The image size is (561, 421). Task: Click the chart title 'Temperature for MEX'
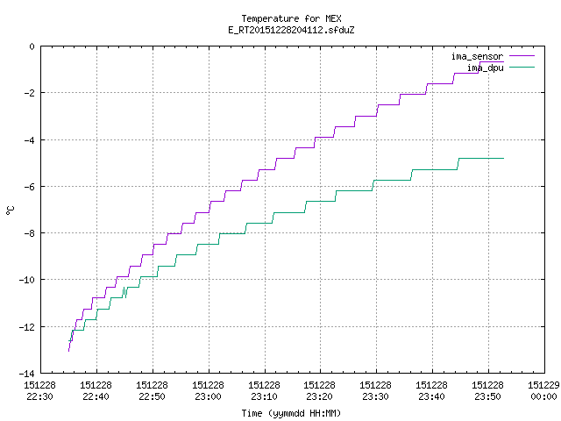291,18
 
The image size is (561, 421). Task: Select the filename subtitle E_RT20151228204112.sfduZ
291,30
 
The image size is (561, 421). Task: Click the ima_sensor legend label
477,56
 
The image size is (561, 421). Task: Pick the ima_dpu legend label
486,68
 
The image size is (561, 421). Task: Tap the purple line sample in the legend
522,56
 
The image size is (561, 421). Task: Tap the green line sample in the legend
522,67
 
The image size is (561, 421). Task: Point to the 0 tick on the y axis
32,46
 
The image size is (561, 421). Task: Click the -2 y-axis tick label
29,93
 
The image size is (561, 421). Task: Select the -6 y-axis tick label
29,187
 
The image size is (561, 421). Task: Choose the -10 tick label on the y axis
27,280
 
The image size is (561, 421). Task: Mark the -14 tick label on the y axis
27,374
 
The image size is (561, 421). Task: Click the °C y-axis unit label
10,210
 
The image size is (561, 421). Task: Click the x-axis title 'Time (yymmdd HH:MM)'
291,413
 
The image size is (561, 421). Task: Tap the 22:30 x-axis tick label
39,396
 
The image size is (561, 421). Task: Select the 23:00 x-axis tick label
208,396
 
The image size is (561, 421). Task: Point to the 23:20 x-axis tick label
319,396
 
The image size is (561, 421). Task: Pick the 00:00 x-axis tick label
543,396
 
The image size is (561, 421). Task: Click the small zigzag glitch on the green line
124,292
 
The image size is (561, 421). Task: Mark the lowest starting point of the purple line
68,351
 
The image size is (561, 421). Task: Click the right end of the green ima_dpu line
503,158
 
